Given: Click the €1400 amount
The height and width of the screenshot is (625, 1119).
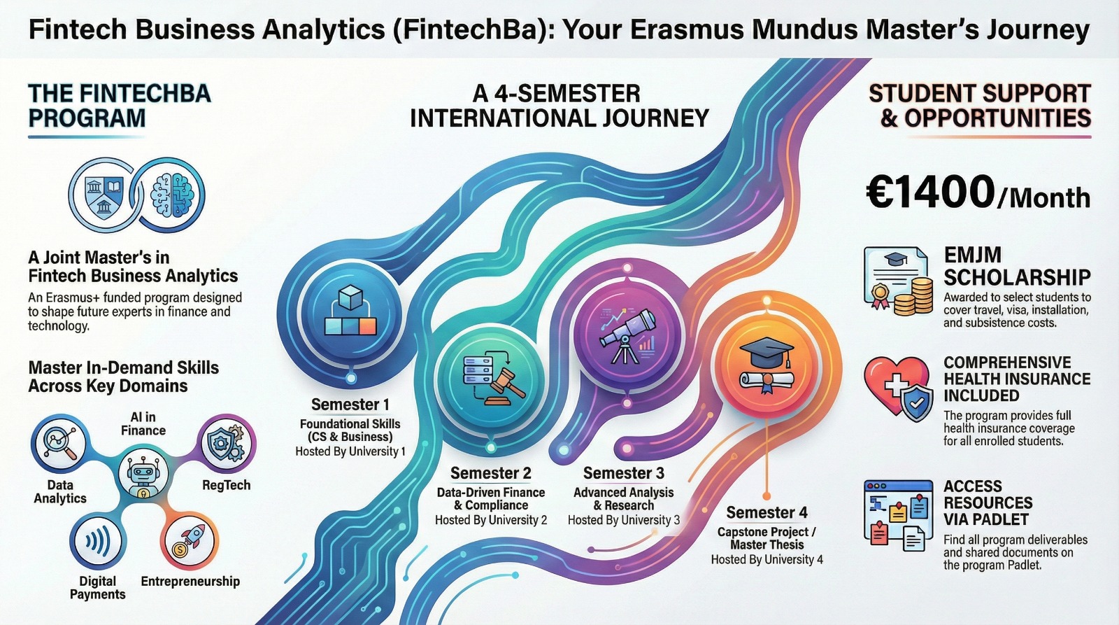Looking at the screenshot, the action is coord(930,192).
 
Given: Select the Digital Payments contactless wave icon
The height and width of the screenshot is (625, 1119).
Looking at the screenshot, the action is coord(98,542).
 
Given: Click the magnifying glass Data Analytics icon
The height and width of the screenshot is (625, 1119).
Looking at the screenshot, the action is coord(59,442).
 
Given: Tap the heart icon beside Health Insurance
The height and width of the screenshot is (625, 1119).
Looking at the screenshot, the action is coord(895,384).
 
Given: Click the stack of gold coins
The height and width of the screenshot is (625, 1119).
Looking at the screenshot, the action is coord(913,297).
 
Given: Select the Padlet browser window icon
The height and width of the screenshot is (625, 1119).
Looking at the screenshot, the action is coord(898,515).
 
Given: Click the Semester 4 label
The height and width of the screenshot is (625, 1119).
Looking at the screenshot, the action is coord(767,512).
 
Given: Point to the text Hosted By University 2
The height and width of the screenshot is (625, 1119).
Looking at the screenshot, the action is coord(491,520).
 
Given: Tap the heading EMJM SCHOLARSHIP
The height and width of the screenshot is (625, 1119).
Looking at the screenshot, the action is coord(1017,266).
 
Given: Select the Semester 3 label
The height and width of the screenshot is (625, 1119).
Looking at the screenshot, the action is coord(624,473).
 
